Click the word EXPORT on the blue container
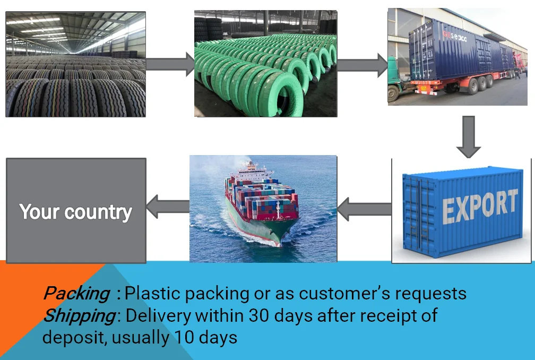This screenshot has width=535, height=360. pyautogui.click(x=479, y=206)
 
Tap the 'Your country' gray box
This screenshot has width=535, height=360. pyautogui.click(x=76, y=210)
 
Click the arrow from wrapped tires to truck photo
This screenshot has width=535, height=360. pyautogui.click(x=362, y=64)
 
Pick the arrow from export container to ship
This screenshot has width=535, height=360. pyautogui.click(x=364, y=208)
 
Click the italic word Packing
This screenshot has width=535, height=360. pyautogui.click(x=76, y=293)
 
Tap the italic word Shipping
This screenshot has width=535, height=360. pyautogui.click(x=79, y=315)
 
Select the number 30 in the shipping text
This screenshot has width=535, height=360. pyautogui.click(x=256, y=315)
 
